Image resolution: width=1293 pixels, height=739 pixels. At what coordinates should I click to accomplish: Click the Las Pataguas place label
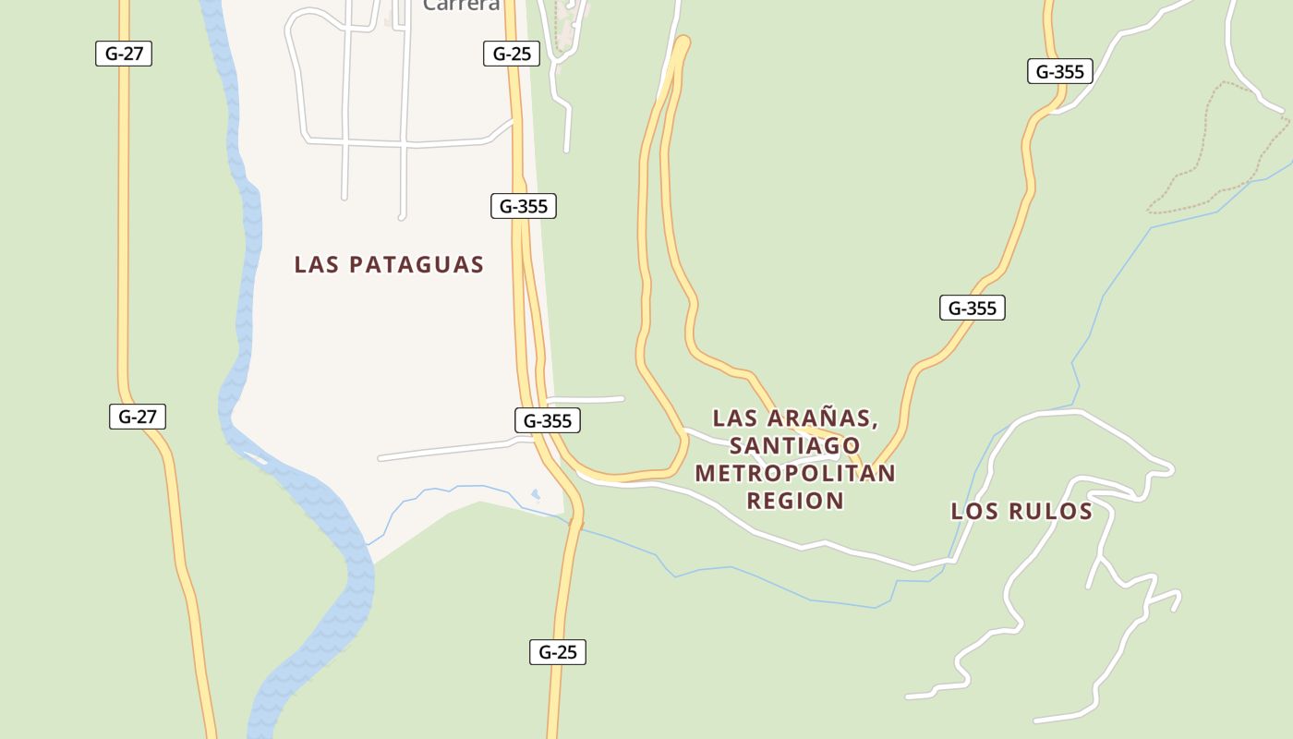point(389,264)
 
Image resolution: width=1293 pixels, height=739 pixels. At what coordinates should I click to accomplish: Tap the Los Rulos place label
point(1021,511)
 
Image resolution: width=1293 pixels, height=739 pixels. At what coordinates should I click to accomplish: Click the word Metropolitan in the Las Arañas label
point(795,473)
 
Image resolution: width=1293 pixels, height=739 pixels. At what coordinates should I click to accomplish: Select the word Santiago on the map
point(795,446)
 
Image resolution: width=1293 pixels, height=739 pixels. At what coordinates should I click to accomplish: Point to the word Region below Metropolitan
point(795,501)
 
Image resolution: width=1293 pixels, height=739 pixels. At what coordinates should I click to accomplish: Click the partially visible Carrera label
point(462,6)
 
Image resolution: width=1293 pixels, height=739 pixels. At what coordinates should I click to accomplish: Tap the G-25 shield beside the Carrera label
point(512,54)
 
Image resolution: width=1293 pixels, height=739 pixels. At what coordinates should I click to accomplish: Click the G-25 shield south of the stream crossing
point(558,652)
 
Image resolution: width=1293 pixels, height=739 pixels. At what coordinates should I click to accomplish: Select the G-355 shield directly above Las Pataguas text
point(524,206)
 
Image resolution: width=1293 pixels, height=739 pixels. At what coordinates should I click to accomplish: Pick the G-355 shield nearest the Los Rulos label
point(973,308)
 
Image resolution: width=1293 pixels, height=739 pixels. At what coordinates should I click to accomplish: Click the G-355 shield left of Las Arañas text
point(548,421)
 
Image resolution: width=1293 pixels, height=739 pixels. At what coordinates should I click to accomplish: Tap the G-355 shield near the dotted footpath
point(1060,71)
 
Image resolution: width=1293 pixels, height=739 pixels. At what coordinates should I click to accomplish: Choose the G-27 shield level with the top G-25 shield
point(124,53)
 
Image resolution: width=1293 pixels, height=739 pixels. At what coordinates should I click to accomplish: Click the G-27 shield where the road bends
point(138,417)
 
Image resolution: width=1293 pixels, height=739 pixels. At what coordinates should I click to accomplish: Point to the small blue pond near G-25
point(536,495)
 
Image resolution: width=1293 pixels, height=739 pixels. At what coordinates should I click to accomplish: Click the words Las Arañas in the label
point(795,418)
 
